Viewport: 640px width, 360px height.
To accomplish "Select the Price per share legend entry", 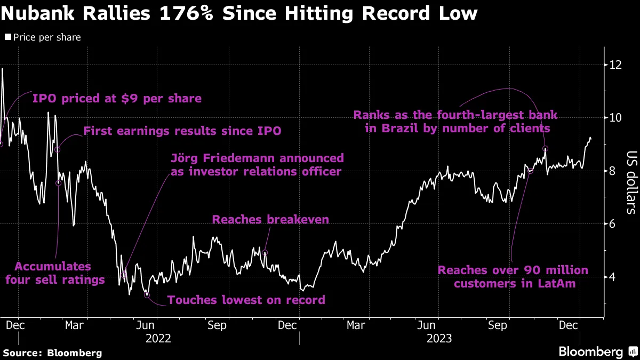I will [x=43, y=37].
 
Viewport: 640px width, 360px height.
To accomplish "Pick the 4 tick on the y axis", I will [x=612, y=277].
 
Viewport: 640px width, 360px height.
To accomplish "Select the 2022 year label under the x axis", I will [x=158, y=338].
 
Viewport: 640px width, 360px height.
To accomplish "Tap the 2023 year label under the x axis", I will [x=439, y=338].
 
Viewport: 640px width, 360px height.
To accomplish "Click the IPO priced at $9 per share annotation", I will [x=117, y=99].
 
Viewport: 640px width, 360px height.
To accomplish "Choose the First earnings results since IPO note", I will [x=182, y=131].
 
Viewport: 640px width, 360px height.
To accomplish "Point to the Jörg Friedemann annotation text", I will [x=257, y=165].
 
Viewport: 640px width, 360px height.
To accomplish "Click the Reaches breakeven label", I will [x=270, y=220].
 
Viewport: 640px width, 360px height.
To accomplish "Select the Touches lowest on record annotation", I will [x=246, y=300].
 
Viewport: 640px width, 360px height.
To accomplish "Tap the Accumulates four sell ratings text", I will [x=55, y=273].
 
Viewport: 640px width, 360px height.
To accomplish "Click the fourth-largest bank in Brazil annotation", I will [x=455, y=122].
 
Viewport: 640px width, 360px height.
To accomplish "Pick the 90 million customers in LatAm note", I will [x=513, y=277].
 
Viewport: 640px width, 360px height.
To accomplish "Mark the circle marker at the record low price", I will [x=147, y=295].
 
